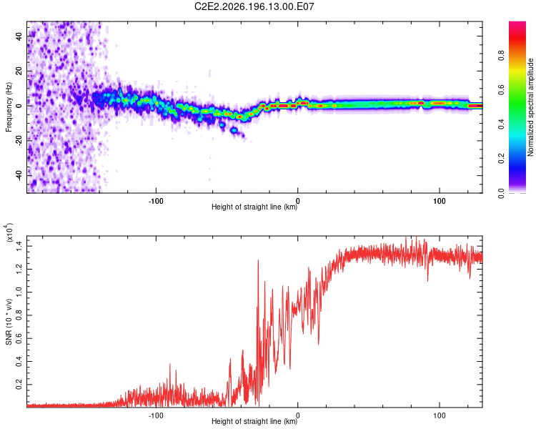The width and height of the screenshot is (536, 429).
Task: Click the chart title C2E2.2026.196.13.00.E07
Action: pos(254,6)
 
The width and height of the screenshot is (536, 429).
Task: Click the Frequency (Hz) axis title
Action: pos(9,107)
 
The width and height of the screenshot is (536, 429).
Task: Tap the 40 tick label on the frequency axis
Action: pos(19,36)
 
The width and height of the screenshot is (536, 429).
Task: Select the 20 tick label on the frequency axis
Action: pos(19,71)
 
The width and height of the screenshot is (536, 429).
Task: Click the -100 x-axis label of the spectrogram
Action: pos(156,201)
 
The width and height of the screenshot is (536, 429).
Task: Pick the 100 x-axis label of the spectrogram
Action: pos(440,201)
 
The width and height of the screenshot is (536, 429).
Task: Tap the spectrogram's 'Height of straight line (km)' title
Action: pos(254,207)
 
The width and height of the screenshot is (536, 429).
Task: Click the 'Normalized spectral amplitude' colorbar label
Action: pos(530,107)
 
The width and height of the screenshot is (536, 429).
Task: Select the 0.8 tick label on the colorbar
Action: pos(501,56)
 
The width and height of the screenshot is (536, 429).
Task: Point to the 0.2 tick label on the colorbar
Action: pos(501,159)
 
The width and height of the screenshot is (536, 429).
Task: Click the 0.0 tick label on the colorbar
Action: pos(501,193)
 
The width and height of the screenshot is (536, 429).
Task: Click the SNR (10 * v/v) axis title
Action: pos(9,322)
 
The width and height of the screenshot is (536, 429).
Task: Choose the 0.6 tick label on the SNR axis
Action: pos(19,338)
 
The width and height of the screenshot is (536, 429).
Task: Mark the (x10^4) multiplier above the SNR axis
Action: pos(9,232)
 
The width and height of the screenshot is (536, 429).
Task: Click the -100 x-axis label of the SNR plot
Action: pos(156,415)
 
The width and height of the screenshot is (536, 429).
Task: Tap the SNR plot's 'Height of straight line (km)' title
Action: pos(254,421)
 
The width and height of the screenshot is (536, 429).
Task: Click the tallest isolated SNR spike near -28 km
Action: pos(258,261)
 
